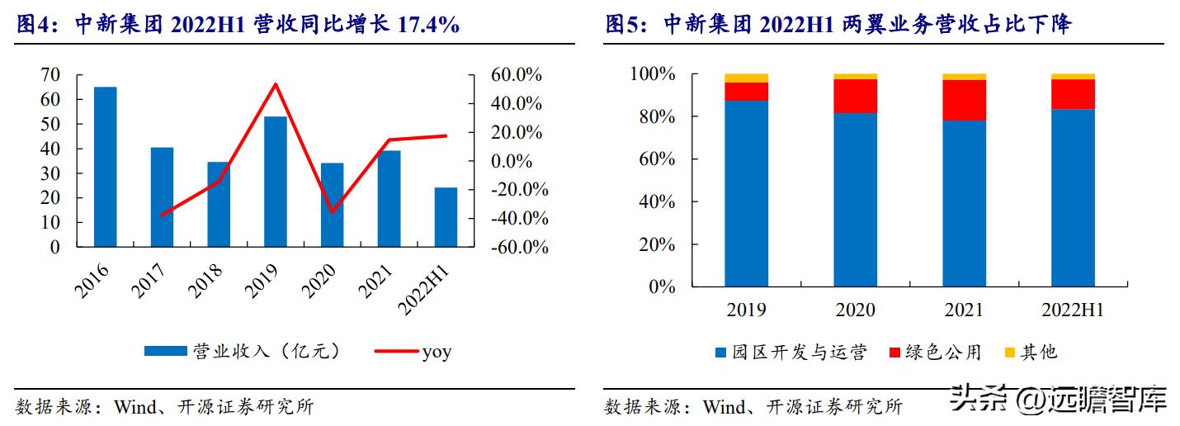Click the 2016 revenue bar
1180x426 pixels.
(105, 166)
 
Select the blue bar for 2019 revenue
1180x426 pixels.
(276, 182)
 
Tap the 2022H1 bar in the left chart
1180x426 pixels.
(446, 217)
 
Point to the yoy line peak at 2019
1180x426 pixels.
(276, 84)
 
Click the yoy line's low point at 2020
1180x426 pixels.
(333, 212)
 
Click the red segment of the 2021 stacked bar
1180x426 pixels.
(964, 100)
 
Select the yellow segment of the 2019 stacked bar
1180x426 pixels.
(746, 78)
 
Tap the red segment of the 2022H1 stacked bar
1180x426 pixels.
(1073, 94)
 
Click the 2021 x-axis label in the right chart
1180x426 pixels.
(964, 310)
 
